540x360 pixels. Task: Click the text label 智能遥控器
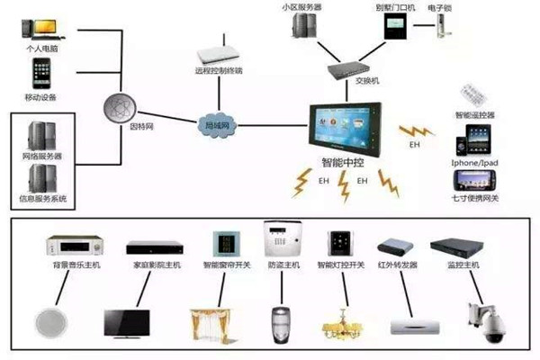[x=474, y=115]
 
